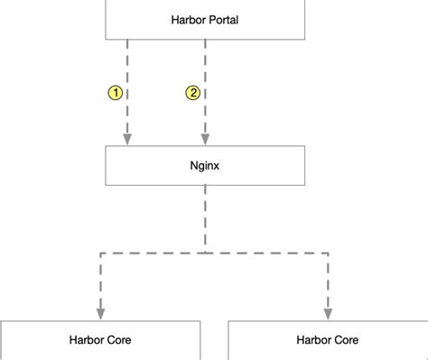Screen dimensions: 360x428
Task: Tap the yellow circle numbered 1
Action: (115, 93)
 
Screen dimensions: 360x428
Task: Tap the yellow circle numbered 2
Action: (192, 93)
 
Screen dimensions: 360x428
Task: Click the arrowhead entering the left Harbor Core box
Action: (100, 311)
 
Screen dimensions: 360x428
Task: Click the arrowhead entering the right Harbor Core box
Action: (328, 311)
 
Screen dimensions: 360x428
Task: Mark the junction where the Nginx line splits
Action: (205, 254)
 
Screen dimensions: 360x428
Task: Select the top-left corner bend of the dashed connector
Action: (100, 254)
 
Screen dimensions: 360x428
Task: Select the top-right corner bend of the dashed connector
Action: (328, 254)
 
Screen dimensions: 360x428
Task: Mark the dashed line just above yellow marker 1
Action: (127, 63)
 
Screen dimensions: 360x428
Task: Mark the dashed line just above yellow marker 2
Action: (205, 63)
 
